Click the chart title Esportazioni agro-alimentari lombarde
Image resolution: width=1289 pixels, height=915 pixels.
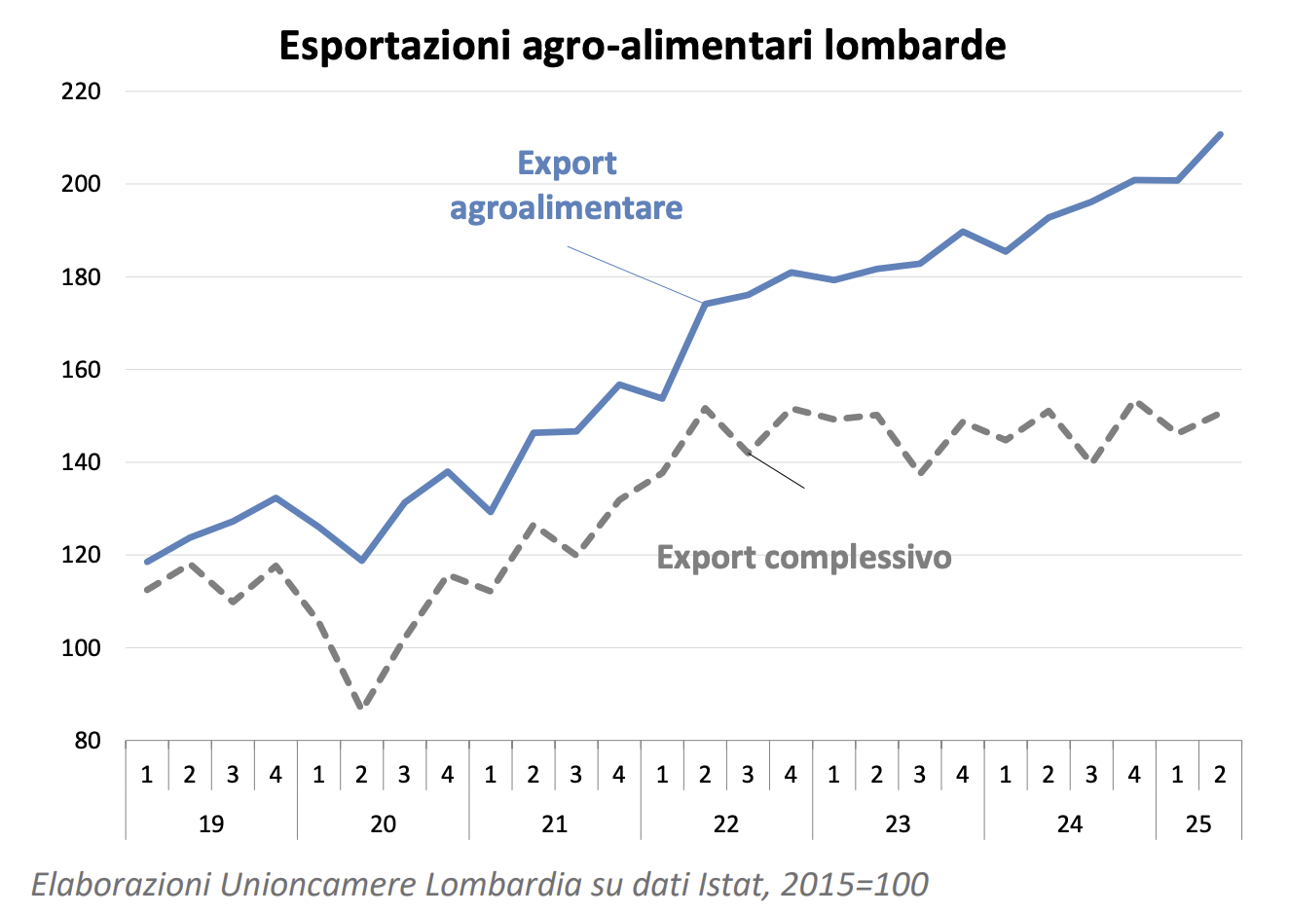[643, 46]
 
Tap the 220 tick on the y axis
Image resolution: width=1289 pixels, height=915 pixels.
[81, 91]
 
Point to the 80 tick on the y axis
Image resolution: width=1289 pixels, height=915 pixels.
[87, 741]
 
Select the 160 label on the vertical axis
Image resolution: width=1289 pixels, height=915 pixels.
[81, 370]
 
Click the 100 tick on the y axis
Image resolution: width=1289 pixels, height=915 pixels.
[81, 648]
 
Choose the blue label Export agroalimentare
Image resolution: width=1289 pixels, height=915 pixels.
[567, 185]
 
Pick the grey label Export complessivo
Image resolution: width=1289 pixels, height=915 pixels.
[804, 558]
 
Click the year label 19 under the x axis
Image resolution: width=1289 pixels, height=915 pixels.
[211, 824]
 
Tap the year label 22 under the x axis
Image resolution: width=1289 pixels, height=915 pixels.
[726, 824]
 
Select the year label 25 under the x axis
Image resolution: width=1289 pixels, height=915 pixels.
[1198, 824]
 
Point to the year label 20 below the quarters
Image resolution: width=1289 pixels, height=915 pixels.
[383, 824]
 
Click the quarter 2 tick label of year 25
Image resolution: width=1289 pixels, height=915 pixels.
[1220, 775]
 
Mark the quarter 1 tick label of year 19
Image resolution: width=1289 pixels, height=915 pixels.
[147, 775]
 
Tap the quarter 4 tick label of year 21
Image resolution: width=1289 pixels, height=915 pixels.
[619, 775]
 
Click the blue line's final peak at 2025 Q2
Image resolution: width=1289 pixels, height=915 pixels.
[1220, 134]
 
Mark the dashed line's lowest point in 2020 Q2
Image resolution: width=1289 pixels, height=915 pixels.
[361, 708]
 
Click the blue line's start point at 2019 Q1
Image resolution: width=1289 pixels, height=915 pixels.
[147, 562]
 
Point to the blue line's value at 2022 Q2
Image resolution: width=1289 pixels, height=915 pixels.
[705, 304]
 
